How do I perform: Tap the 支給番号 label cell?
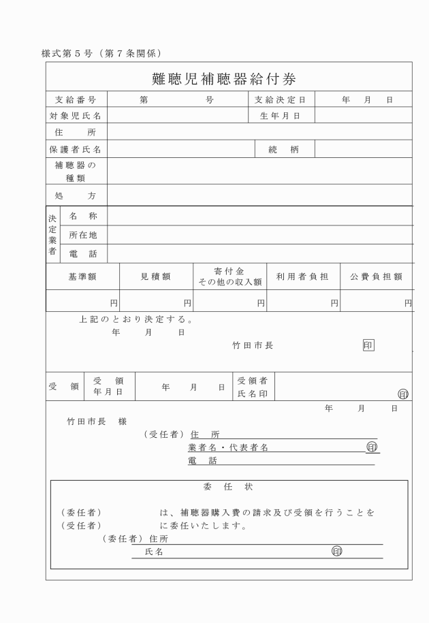coord(76,100)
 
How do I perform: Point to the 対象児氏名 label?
coord(76,116)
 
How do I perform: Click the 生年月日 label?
coord(280,116)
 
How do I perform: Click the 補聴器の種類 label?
coord(76,171)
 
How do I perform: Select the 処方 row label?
coord(76,195)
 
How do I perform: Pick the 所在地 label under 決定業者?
coord(83,235)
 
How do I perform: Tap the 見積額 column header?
coord(155,277)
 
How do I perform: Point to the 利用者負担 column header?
coord(302,277)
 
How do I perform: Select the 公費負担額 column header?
coord(376,277)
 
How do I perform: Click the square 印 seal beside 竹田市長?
coord(368,345)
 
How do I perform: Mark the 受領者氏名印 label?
coord(252,387)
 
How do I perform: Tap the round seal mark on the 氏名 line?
coord(336,552)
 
